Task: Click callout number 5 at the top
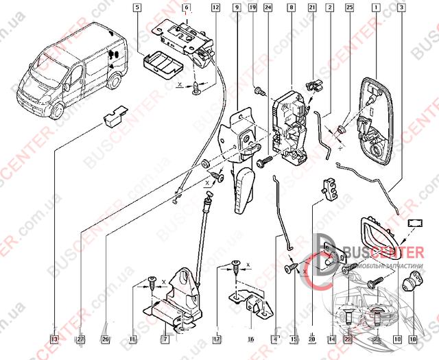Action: tap(138, 8)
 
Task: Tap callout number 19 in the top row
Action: tap(252, 8)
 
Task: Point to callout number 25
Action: tap(349, 8)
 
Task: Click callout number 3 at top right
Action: tap(401, 8)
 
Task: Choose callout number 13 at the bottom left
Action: tap(54, 339)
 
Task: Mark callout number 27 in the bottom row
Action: tap(81, 339)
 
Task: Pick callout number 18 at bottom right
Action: tap(413, 339)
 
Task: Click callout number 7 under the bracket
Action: tap(165, 339)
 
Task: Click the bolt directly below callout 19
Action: tap(259, 91)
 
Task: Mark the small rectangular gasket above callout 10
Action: tap(416, 223)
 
